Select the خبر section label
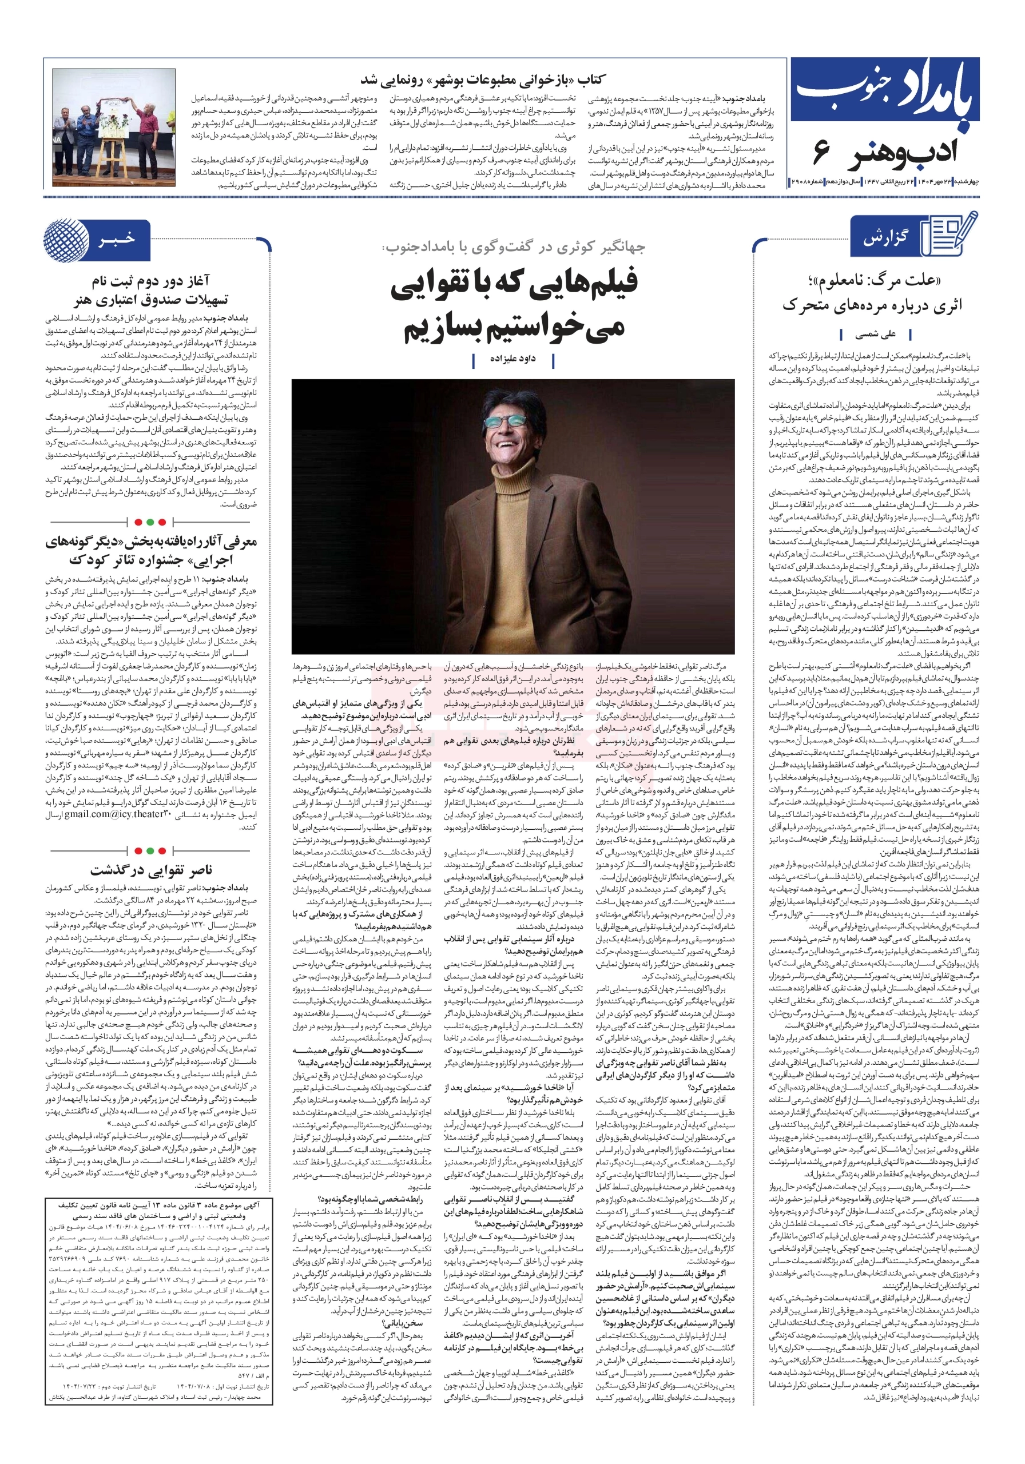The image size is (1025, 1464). [x=117, y=238]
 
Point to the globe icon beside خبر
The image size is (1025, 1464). [x=66, y=240]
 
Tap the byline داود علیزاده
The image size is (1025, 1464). [x=512, y=359]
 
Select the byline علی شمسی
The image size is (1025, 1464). [x=875, y=333]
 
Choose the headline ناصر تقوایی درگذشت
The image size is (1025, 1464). [x=151, y=869]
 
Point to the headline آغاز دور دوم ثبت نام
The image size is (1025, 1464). [x=151, y=280]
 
